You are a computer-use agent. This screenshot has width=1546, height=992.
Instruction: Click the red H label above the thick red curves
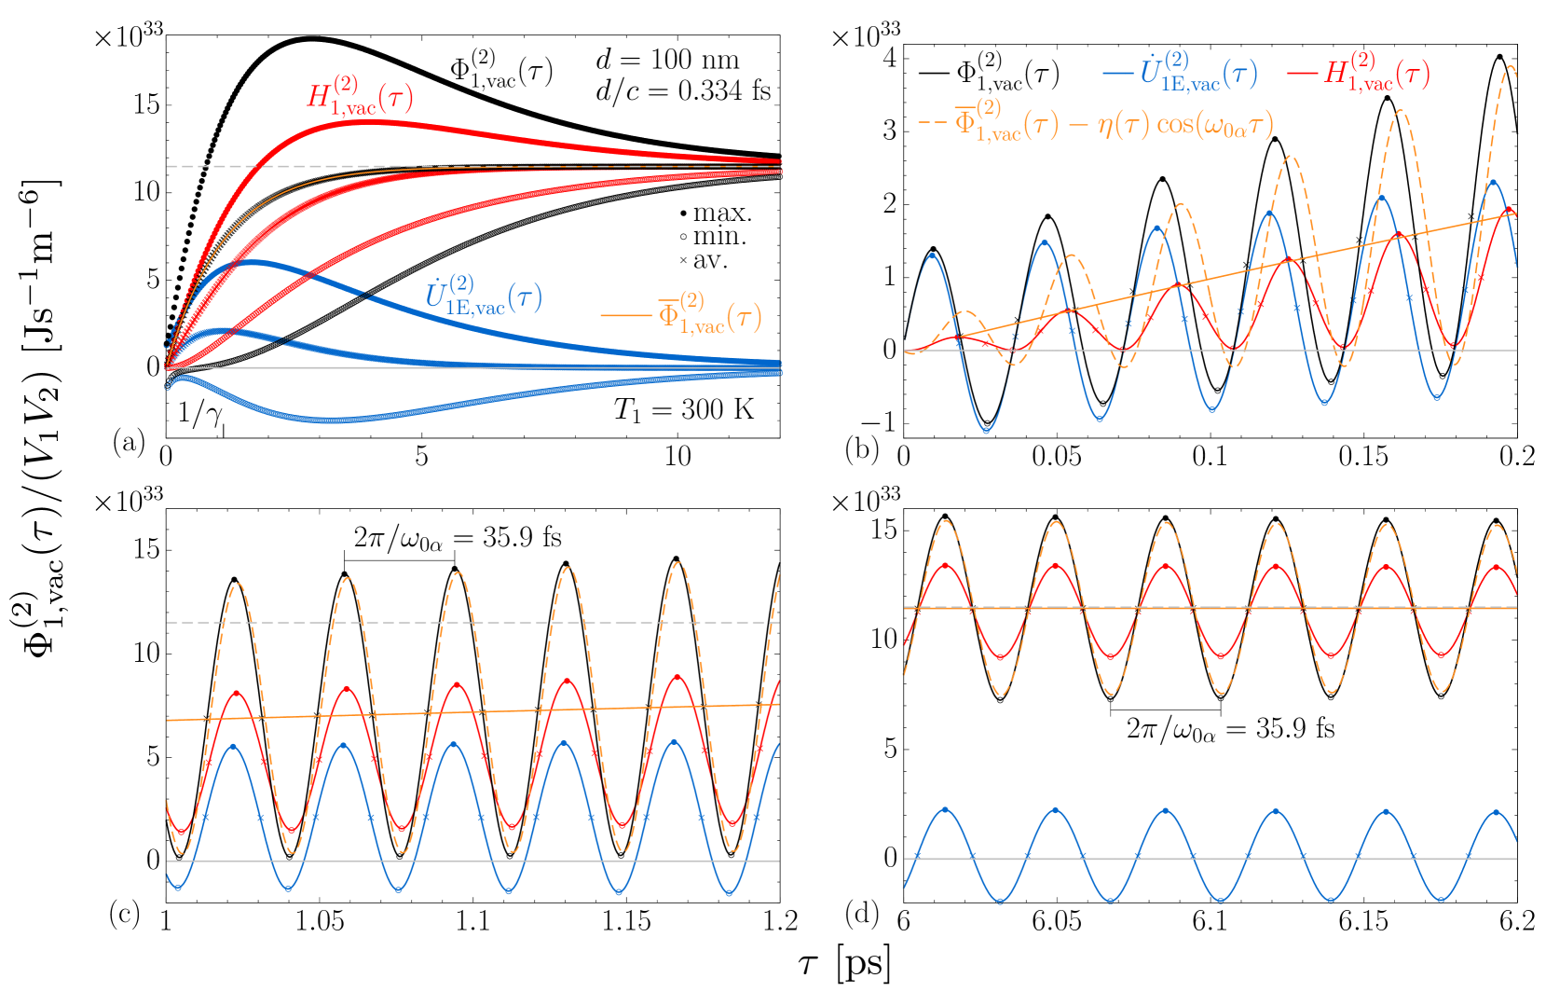(x=361, y=96)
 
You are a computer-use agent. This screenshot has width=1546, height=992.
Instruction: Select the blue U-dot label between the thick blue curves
(x=484, y=296)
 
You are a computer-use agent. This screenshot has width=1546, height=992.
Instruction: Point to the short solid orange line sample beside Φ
(x=626, y=315)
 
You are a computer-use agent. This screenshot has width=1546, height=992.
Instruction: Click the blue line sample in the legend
(x=1117, y=73)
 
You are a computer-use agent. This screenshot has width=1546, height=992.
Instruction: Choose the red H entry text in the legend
(x=1376, y=73)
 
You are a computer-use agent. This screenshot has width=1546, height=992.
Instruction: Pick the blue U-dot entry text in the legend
(x=1198, y=73)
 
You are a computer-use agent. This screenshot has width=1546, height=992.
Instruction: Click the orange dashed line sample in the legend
(x=932, y=122)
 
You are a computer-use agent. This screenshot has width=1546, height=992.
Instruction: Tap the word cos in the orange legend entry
(x=1175, y=124)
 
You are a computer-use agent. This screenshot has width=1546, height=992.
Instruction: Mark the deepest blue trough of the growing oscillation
(x=986, y=431)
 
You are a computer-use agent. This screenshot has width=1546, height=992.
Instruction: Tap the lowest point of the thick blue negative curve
(x=331, y=420)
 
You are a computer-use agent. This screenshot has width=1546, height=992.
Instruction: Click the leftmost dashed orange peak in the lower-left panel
(x=239, y=585)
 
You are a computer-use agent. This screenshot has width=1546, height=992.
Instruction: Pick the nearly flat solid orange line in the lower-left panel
(x=466, y=712)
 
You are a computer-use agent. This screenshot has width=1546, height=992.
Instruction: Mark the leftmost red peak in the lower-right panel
(x=948, y=564)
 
